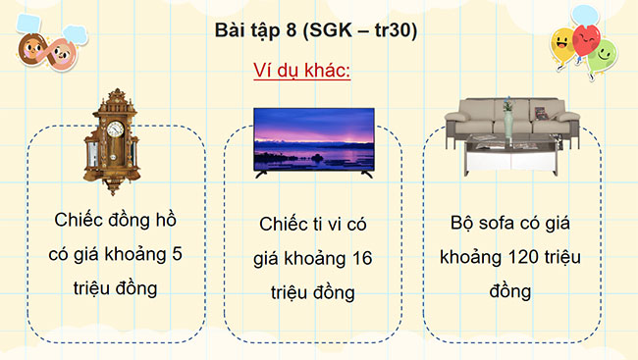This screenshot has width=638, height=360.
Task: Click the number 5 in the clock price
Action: click(x=177, y=253)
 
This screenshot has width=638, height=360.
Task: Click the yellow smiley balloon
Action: click(x=563, y=42)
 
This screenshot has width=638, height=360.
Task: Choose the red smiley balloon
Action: click(x=587, y=40)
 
